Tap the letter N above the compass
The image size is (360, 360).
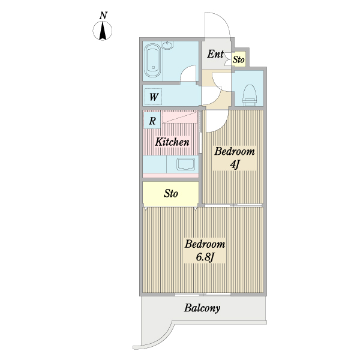point(104,15)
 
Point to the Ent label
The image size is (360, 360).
point(215,55)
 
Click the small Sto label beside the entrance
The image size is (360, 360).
point(238,59)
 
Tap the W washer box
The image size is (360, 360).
point(154,97)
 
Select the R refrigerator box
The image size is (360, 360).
point(152,121)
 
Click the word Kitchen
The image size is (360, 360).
point(172,142)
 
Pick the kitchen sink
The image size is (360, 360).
point(186,164)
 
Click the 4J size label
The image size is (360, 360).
point(235,164)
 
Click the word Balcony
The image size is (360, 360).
point(202,309)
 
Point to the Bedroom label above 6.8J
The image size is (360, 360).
point(205,245)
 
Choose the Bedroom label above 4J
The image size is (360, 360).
point(235,151)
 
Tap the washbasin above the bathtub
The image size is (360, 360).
point(167,45)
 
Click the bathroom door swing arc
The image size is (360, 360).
point(190,74)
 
